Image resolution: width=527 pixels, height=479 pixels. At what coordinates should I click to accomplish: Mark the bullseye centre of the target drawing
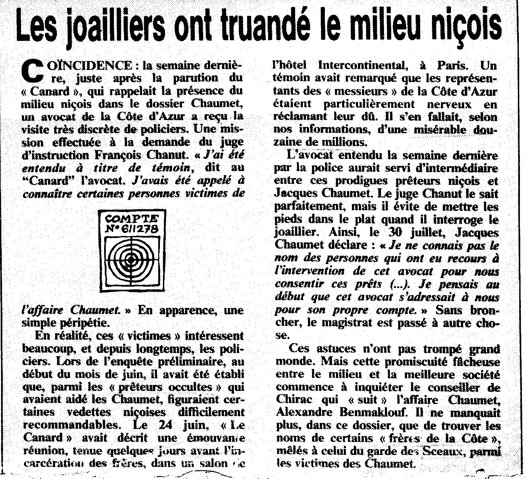[130, 259]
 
